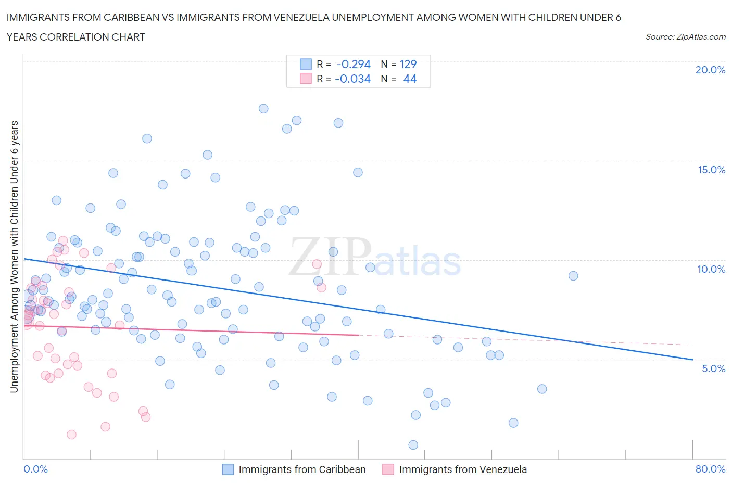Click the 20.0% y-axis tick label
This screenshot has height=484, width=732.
(x=710, y=70)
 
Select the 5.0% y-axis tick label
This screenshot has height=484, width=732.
(x=713, y=368)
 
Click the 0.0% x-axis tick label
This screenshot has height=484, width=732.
(x=35, y=469)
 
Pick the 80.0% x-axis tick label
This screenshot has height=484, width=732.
(x=710, y=469)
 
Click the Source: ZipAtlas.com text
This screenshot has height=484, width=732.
(x=685, y=37)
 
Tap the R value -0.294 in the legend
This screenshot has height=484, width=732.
(x=353, y=64)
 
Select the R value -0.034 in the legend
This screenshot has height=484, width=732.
(x=353, y=79)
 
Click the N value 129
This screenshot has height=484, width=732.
(x=408, y=64)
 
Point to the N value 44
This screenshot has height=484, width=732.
(x=410, y=79)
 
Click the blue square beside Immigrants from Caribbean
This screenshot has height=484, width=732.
(x=228, y=469)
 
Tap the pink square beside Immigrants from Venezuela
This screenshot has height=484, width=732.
(x=388, y=469)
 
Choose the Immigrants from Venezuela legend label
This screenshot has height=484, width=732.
(x=462, y=469)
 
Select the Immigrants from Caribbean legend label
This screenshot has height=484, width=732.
(x=302, y=469)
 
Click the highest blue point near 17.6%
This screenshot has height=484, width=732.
(x=263, y=109)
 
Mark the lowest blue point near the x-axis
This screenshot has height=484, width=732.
(x=413, y=445)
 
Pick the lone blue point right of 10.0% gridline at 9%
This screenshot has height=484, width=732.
(x=573, y=276)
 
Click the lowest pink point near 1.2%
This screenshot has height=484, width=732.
(x=71, y=435)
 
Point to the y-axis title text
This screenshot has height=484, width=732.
(x=14, y=257)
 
